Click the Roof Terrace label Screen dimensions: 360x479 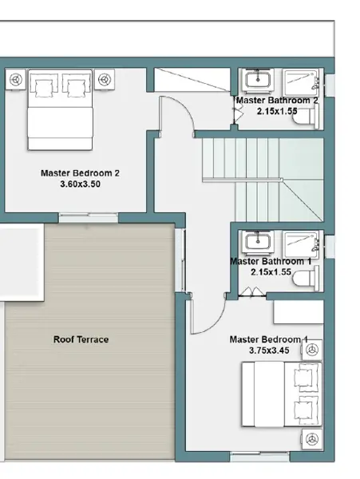click(x=81, y=339)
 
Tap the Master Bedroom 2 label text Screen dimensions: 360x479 click(x=80, y=173)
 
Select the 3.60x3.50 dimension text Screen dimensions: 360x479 click(x=81, y=184)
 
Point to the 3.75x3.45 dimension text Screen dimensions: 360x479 click(x=269, y=350)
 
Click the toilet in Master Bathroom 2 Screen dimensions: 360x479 click(x=306, y=117)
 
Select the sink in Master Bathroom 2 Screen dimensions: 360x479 click(x=258, y=80)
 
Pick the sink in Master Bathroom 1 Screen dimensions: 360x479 click(x=258, y=242)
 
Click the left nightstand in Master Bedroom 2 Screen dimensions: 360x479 click(x=16, y=79)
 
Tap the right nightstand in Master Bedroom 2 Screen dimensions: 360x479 click(x=105, y=79)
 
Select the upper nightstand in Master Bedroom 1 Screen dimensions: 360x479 click(x=312, y=350)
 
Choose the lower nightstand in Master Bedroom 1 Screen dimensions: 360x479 click(x=312, y=439)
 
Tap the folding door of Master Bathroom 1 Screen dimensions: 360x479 click(x=252, y=292)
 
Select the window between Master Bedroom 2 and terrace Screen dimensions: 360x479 click(x=89, y=218)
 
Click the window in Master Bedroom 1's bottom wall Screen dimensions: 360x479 click(x=259, y=457)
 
